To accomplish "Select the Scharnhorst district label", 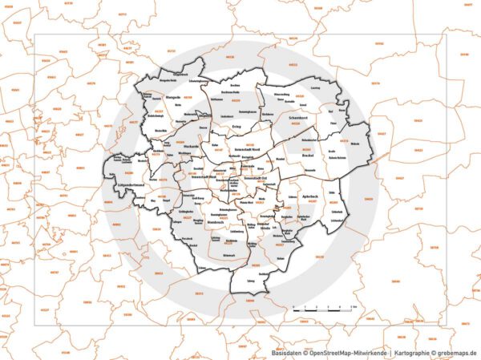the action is pos(301,118).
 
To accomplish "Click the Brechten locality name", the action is pos(235,84).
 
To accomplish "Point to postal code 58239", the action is pos(319,257).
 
